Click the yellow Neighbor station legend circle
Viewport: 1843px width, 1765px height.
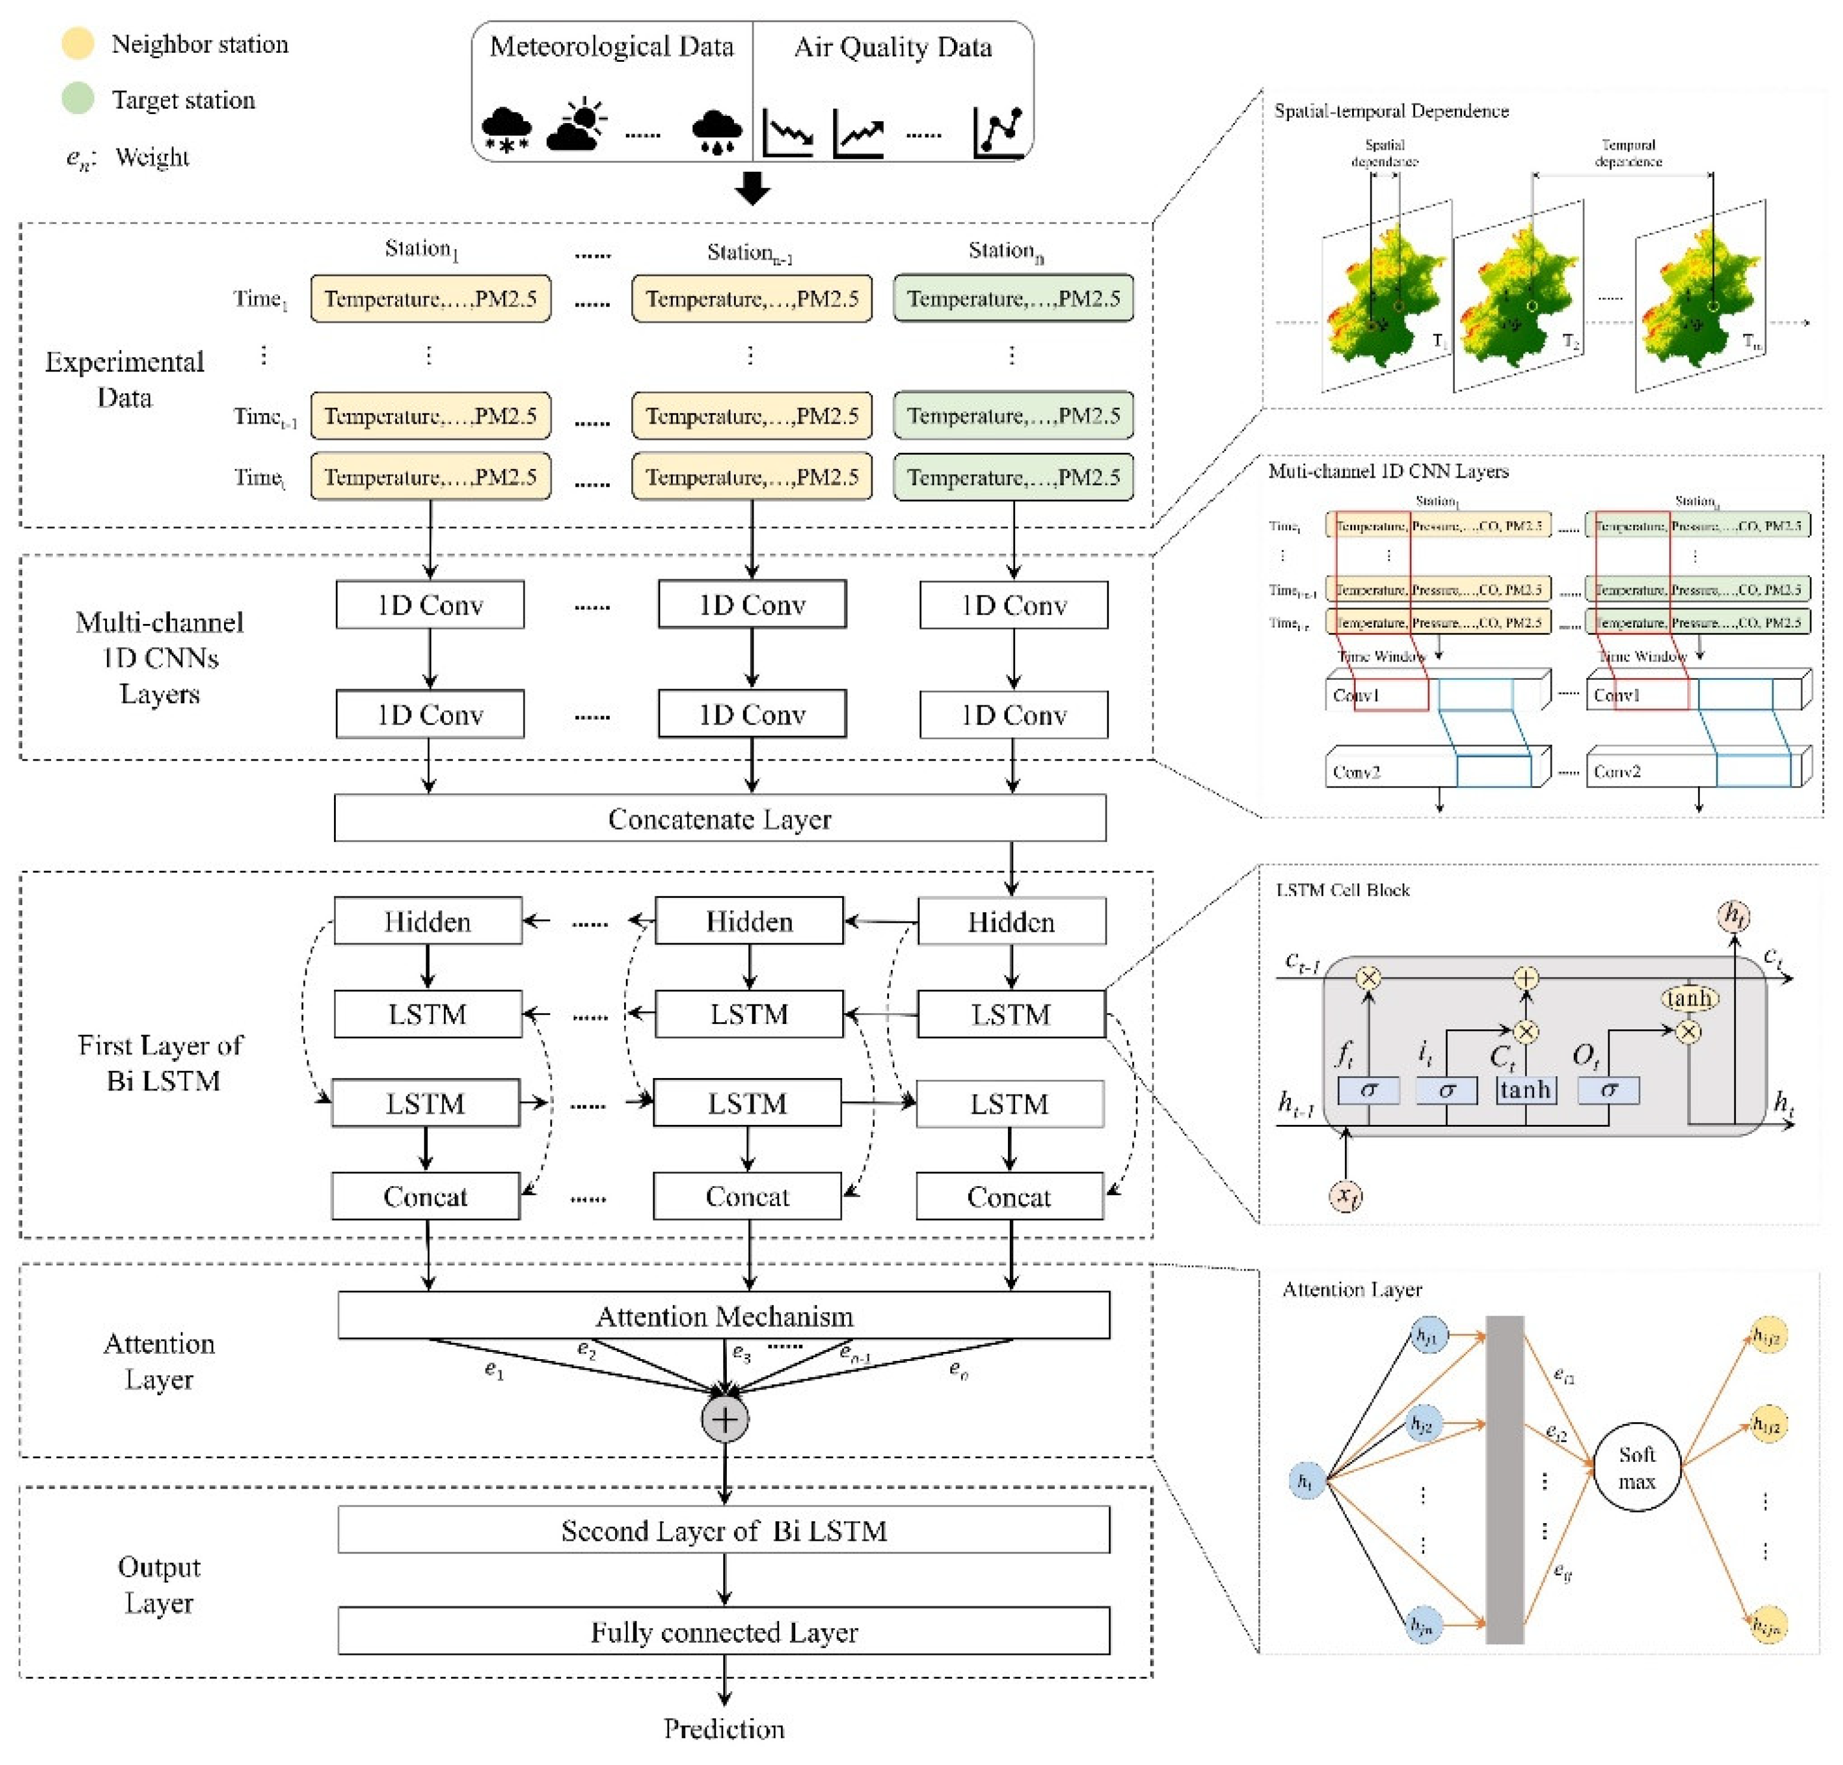[x=77, y=44]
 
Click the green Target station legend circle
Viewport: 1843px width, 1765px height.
[x=77, y=99]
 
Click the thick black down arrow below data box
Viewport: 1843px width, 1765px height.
[x=752, y=188]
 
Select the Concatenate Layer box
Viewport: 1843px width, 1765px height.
[x=719, y=818]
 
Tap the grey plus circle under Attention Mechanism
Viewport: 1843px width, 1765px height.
[x=725, y=1419]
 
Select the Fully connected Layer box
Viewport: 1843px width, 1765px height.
[x=723, y=1631]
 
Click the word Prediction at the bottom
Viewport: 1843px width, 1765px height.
[x=723, y=1728]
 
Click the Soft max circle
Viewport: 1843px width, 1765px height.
[x=1636, y=1467]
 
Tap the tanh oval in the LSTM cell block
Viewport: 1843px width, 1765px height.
[x=1690, y=998]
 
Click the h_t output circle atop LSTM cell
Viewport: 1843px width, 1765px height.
[x=1733, y=915]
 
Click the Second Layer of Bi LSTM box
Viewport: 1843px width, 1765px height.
[x=723, y=1531]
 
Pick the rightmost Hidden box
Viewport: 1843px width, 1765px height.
[x=1011, y=922]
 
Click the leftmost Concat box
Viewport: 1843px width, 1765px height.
[x=425, y=1196]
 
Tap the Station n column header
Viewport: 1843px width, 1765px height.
[x=1006, y=251]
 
